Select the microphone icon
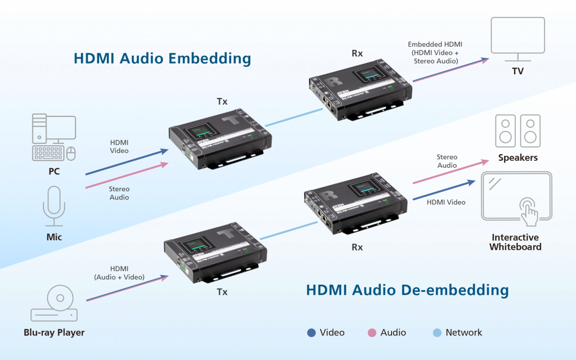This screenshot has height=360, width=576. click(x=54, y=205)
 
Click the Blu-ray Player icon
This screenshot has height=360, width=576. click(x=54, y=304)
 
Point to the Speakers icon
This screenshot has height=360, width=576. click(x=517, y=130)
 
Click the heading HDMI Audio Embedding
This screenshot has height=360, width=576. click(x=162, y=58)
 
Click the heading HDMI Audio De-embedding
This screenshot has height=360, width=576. click(x=407, y=290)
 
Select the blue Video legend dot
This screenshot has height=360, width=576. click(x=311, y=332)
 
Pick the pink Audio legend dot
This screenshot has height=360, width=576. click(x=372, y=332)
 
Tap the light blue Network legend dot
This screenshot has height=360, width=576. click(x=437, y=332)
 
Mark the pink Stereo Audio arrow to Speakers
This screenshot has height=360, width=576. click(x=451, y=171)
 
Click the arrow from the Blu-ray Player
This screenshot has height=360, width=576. click(x=127, y=288)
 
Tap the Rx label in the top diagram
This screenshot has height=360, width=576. click(x=357, y=53)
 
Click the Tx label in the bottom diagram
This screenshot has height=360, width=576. click(x=222, y=292)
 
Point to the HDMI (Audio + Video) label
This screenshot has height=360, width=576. click(x=119, y=273)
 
